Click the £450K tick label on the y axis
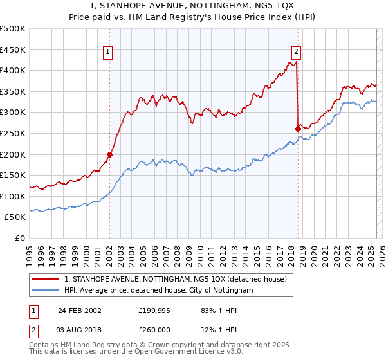click(13, 50)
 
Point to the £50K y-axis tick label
click(15, 217)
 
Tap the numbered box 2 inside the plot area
click(296, 53)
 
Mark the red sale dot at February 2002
click(110, 154)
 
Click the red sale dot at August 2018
click(298, 129)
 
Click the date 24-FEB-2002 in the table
click(78, 310)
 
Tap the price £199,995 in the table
click(154, 310)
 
